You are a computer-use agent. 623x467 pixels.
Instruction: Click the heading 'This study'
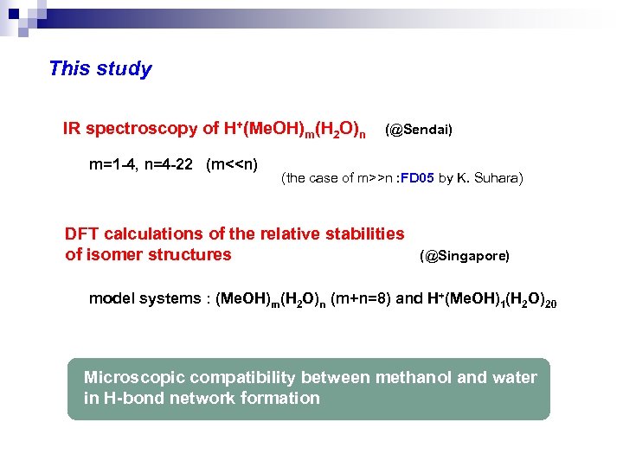click(100, 69)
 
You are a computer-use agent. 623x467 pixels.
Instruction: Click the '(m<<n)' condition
click(232, 164)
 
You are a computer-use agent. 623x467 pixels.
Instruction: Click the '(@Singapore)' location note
click(465, 257)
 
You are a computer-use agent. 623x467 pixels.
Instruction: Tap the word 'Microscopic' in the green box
click(133, 378)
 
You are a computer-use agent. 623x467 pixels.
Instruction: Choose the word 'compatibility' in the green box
click(241, 378)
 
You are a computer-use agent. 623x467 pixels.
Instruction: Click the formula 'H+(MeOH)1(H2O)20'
click(489, 300)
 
